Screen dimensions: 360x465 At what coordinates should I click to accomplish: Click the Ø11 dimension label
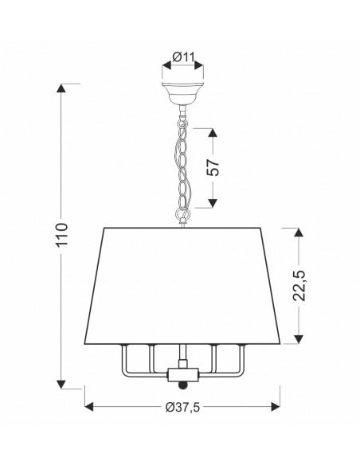(x=183, y=57)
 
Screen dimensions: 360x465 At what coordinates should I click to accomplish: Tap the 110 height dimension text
(x=62, y=235)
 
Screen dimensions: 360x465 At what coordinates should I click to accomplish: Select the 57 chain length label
(x=213, y=167)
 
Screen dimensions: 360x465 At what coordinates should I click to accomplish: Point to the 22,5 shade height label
(x=299, y=286)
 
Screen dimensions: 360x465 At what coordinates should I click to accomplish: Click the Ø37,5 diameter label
(x=182, y=407)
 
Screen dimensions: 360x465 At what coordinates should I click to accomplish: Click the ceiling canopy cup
(x=182, y=92)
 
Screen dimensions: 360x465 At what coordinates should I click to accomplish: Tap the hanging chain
(x=182, y=166)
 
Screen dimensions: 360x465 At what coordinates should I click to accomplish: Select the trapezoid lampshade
(x=182, y=286)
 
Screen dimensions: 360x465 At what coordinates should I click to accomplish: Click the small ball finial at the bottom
(x=183, y=385)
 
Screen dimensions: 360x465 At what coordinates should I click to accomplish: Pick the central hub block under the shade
(x=182, y=375)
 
